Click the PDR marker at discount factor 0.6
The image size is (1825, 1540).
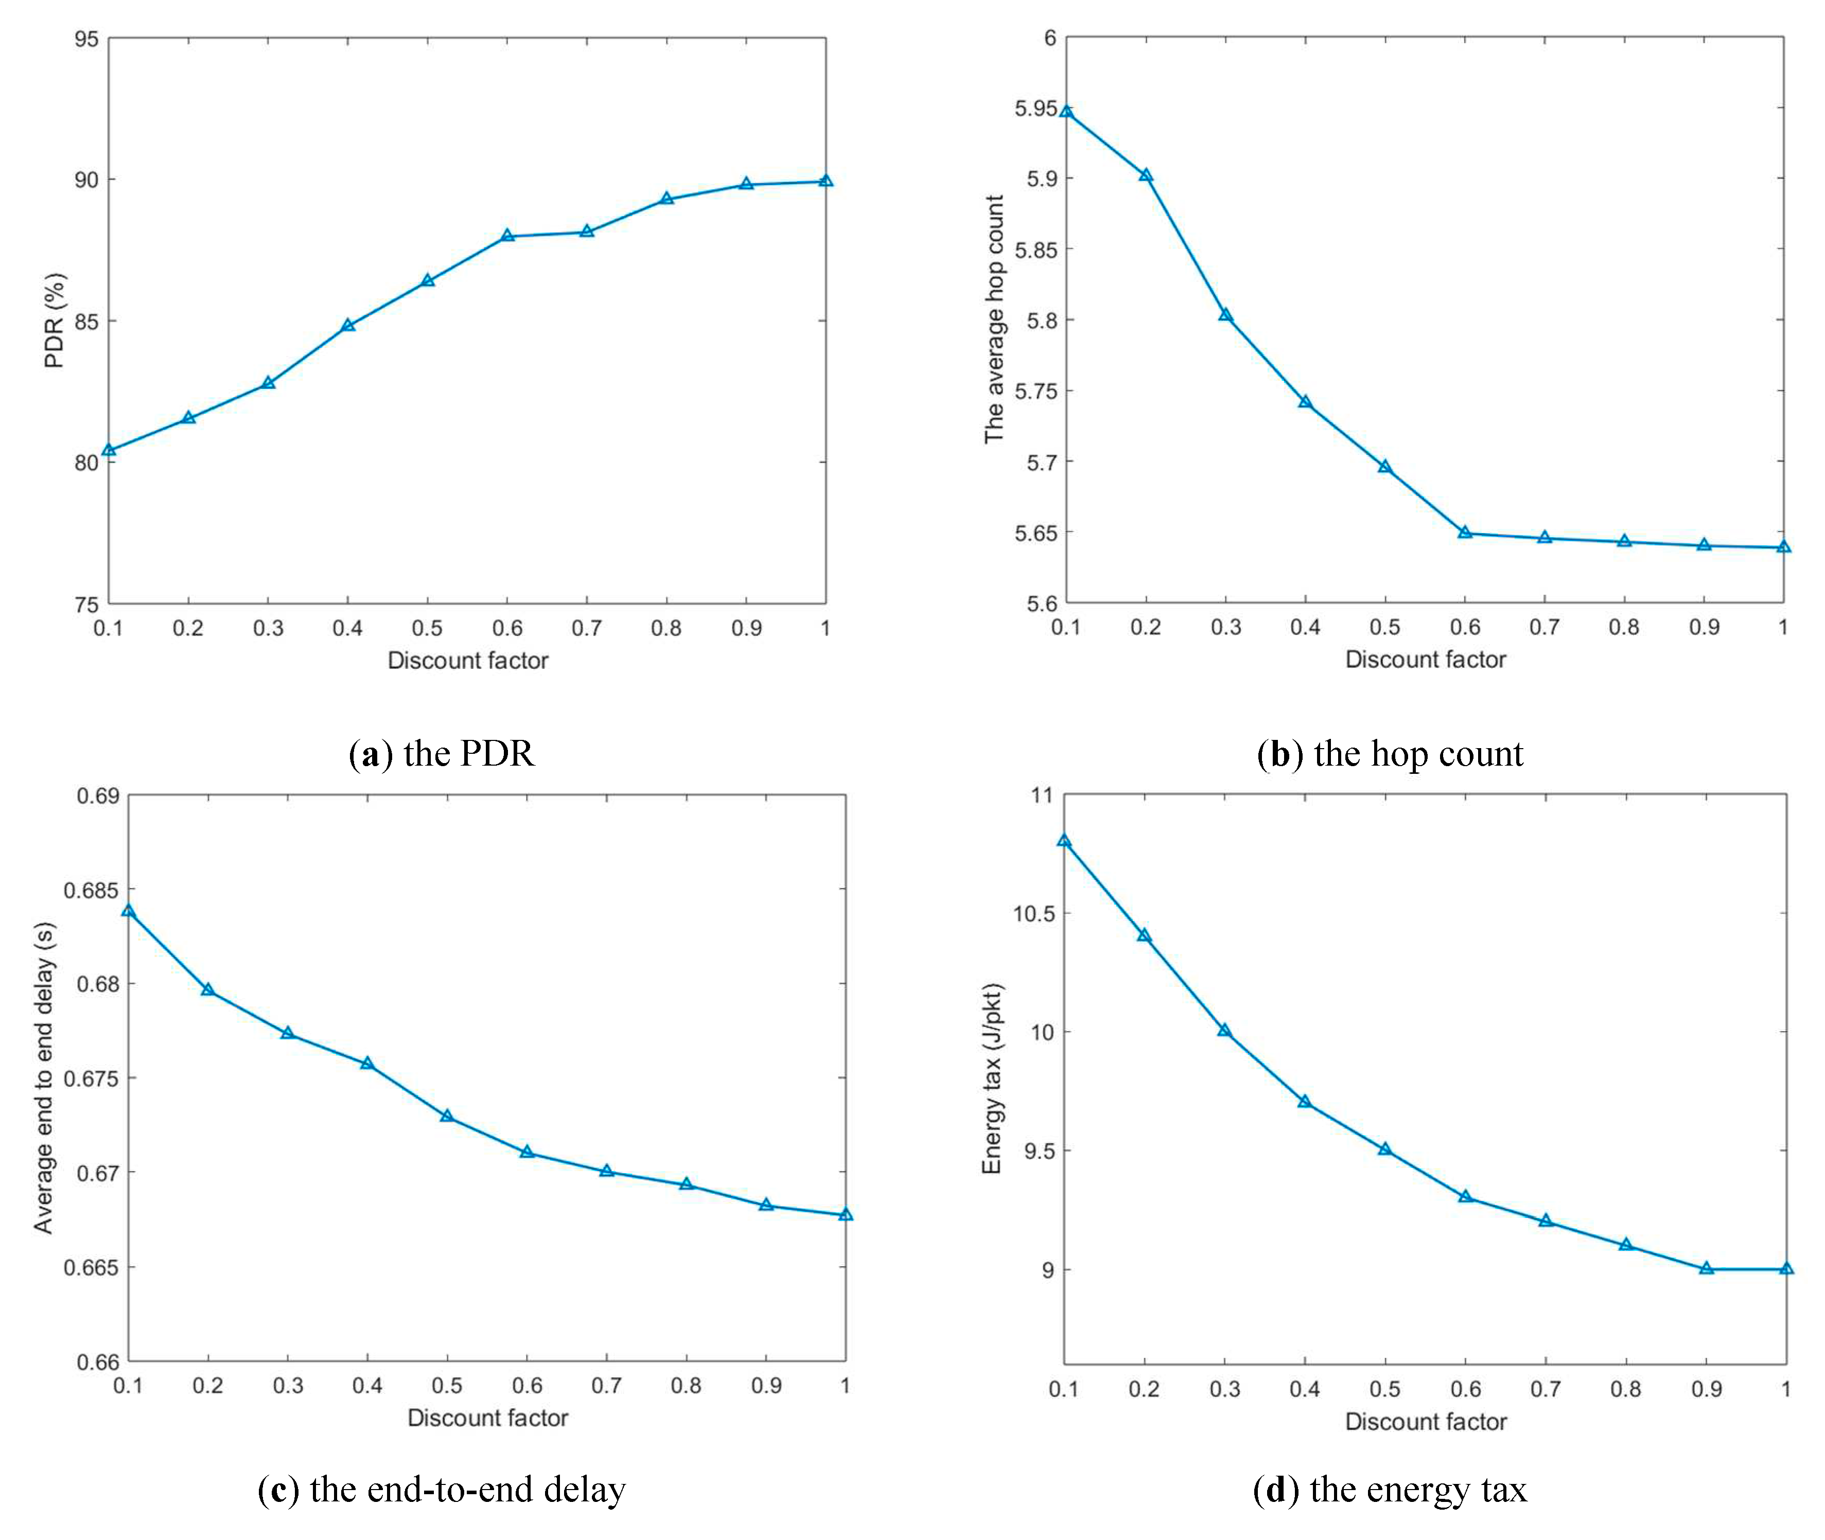(507, 236)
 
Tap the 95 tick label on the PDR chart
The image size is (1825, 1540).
(86, 39)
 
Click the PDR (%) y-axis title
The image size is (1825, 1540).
(54, 321)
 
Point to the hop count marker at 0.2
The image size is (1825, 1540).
(1146, 175)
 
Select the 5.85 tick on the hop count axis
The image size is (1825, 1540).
(1035, 250)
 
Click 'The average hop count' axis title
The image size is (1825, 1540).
(994, 320)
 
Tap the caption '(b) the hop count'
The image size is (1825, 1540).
(1390, 753)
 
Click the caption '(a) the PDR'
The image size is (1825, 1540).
(442, 753)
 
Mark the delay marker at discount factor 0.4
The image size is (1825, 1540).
(367, 1064)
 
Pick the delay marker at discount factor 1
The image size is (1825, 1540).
(845, 1214)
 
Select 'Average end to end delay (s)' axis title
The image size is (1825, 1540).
(44, 1077)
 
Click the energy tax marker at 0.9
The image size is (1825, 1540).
(1706, 1268)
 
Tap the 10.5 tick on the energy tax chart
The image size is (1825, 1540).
(1034, 914)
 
